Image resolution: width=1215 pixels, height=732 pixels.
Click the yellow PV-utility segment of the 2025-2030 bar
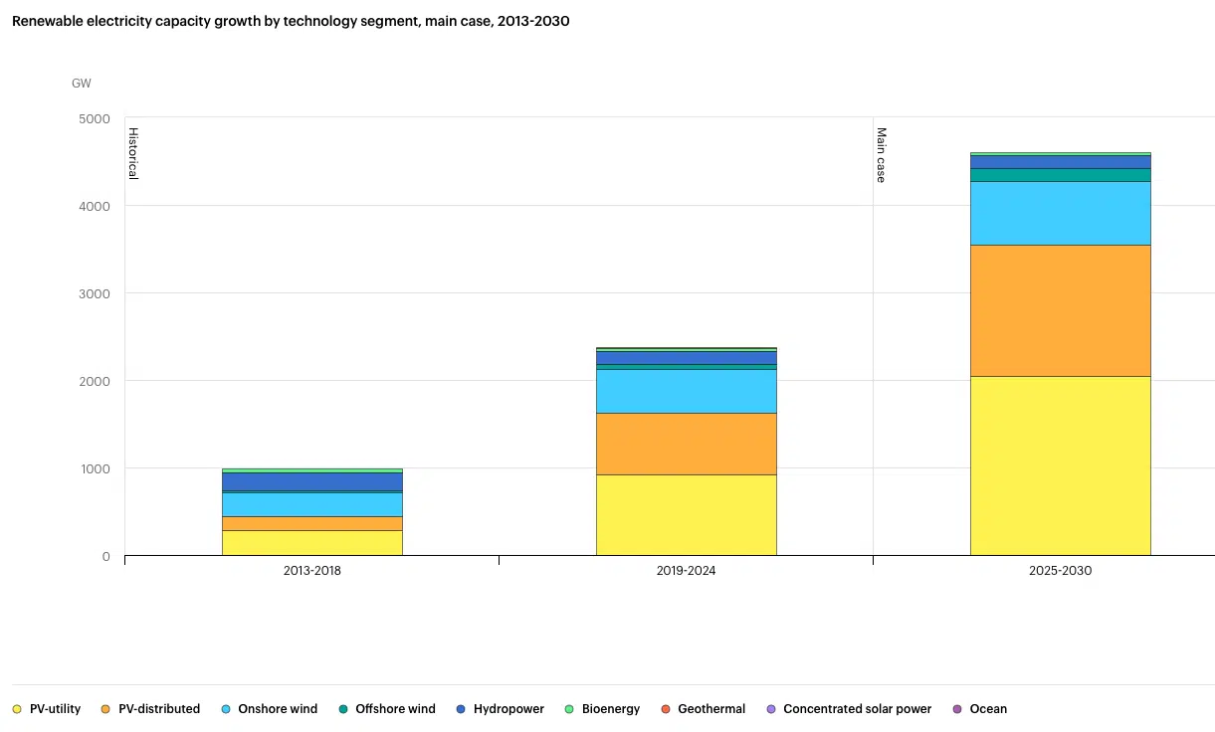coord(1060,465)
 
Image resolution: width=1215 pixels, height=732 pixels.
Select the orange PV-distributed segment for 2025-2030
coord(1060,310)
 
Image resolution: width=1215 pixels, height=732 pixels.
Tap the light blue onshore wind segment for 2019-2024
coord(686,391)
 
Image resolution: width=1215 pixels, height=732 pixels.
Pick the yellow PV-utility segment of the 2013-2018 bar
coord(312,542)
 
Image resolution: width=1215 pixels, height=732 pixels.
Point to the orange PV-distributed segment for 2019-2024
coord(686,444)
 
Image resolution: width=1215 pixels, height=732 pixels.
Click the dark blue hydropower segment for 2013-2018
coord(312,481)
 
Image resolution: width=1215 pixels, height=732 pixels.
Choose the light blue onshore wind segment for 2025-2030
coord(1060,213)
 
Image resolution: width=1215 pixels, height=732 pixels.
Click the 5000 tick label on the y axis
coord(96,118)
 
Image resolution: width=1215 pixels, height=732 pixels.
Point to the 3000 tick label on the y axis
coord(96,293)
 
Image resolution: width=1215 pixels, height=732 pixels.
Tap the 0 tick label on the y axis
coord(105,556)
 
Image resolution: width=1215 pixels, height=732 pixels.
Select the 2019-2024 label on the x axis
coord(686,571)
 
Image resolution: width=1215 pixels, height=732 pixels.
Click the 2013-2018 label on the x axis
coord(312,571)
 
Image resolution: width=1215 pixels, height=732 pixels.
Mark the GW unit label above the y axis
coord(81,84)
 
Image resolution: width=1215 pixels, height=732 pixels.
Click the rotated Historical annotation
coord(132,153)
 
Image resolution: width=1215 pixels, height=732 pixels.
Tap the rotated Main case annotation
coord(881,154)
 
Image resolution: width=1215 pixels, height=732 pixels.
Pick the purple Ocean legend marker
coord(957,709)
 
